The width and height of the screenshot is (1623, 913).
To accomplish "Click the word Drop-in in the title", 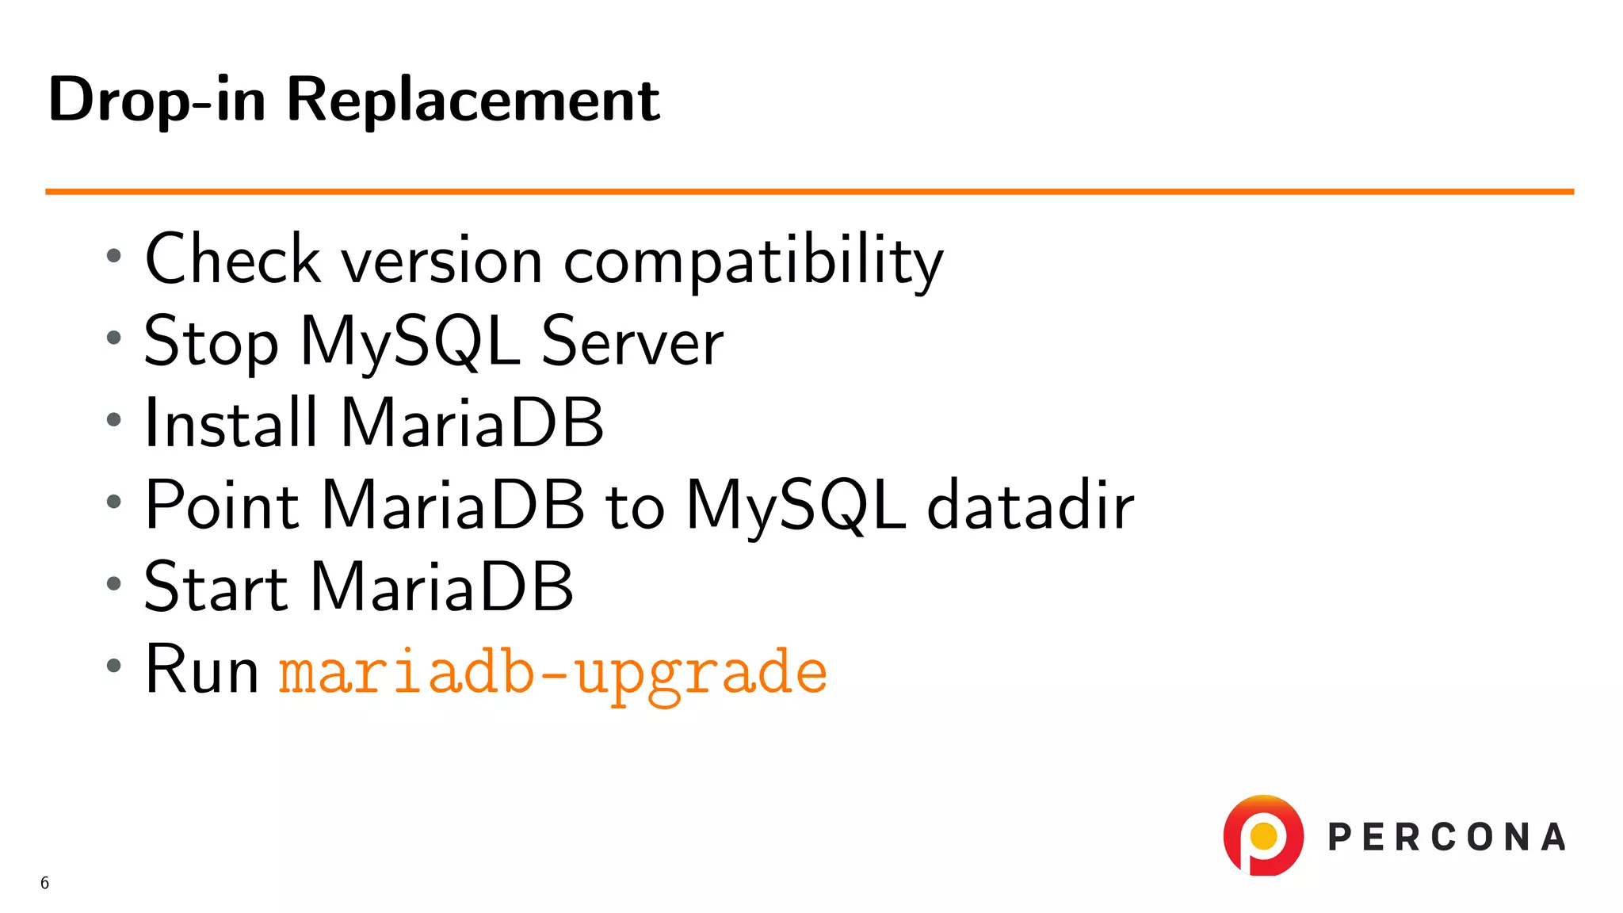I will pyautogui.click(x=157, y=101).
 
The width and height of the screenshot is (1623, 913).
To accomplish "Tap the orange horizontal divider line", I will pyautogui.click(x=808, y=191).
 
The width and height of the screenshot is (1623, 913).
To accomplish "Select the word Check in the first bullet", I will pyautogui.click(x=232, y=259).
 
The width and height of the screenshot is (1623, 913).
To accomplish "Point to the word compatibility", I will pyautogui.click(x=753, y=262).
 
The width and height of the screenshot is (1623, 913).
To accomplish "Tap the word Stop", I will pyautogui.click(x=211, y=342).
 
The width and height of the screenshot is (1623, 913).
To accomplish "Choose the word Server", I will pyautogui.click(x=632, y=342).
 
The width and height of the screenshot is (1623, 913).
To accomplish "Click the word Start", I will pyautogui.click(x=216, y=587).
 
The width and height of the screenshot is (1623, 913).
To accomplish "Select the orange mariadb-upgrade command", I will pyautogui.click(x=553, y=672).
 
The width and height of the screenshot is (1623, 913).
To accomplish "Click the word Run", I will pyautogui.click(x=201, y=670).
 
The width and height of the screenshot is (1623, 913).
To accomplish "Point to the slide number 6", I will pyautogui.click(x=44, y=883).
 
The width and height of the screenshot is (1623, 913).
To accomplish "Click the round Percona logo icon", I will pyautogui.click(x=1263, y=835).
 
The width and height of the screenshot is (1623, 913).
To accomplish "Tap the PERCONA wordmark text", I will pyautogui.click(x=1447, y=838).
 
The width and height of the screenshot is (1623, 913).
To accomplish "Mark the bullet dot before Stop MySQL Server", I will pyautogui.click(x=114, y=338).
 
